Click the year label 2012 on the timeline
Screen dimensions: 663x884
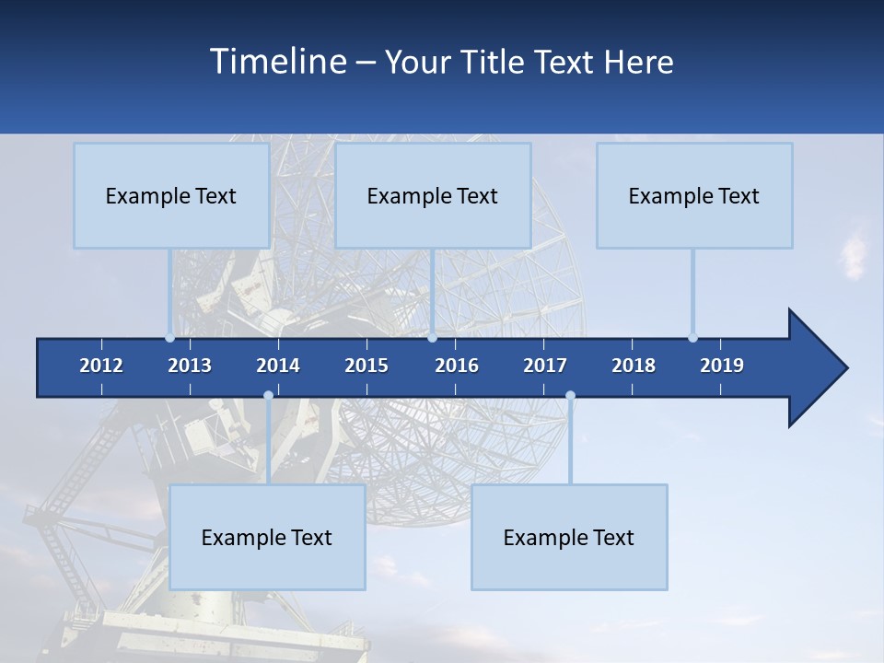point(101,366)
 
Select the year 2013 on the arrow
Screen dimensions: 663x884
point(190,366)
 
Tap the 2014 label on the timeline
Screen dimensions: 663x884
point(278,366)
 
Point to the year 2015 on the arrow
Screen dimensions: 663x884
point(366,366)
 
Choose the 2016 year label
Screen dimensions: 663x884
point(457,366)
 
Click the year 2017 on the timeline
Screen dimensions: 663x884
point(545,366)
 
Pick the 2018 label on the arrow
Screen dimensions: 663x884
point(634,366)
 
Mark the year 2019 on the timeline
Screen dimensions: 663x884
point(722,366)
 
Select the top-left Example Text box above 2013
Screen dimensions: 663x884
point(171,196)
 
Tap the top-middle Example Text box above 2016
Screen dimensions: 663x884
point(433,196)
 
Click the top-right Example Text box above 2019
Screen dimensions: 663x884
point(694,196)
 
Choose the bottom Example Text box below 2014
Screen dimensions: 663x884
point(267,538)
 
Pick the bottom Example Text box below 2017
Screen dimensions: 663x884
point(569,538)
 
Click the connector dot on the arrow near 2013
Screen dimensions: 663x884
point(170,338)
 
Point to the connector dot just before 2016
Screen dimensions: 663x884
point(432,338)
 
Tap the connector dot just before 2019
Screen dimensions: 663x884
point(692,338)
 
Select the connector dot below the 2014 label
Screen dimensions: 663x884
point(268,396)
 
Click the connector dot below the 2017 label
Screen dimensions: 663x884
point(570,396)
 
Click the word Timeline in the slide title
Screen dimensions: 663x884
point(277,62)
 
